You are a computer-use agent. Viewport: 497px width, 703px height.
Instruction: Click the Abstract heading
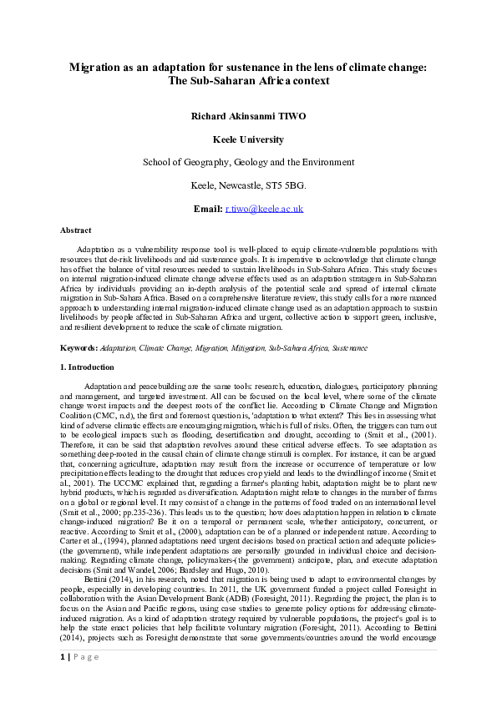click(76, 229)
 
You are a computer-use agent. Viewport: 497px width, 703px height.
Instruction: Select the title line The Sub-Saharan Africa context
click(249, 81)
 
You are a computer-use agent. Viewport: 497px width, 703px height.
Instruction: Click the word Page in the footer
click(86, 657)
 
